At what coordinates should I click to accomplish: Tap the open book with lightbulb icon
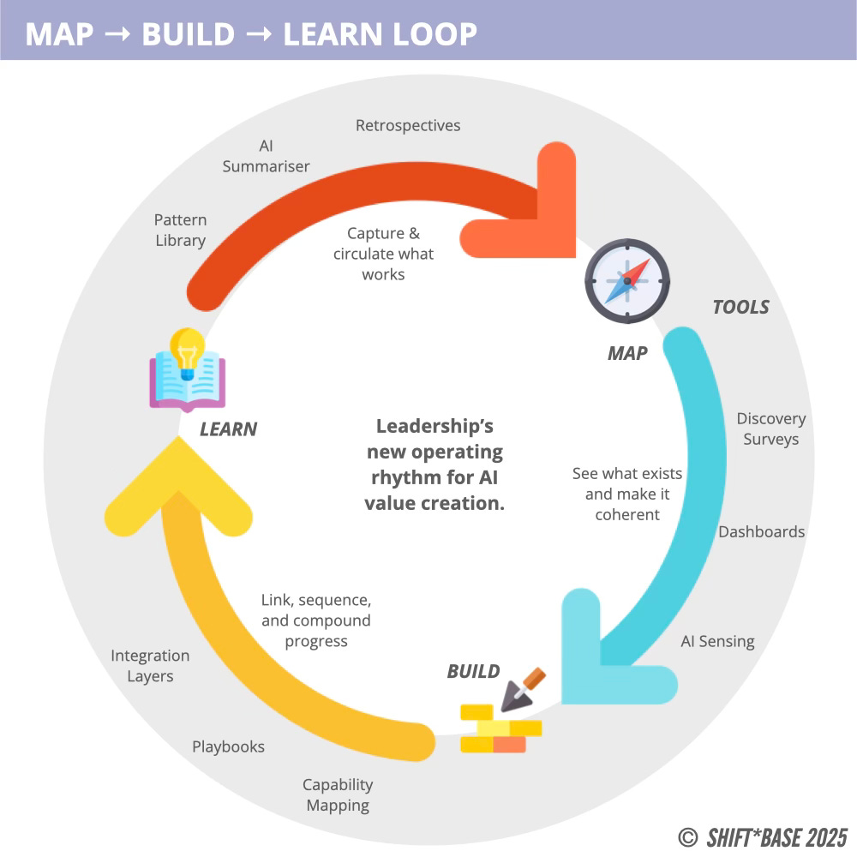[x=187, y=369]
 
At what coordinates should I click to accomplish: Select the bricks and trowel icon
[x=503, y=715]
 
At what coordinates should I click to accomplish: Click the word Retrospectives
[x=408, y=126]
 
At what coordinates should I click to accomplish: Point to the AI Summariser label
[x=266, y=156]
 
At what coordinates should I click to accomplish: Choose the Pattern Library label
[x=180, y=231]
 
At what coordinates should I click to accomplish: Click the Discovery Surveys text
[x=771, y=428]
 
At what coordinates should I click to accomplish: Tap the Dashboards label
[x=761, y=531]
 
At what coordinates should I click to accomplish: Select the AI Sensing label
[x=717, y=641]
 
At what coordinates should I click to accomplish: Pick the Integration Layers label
[x=150, y=666]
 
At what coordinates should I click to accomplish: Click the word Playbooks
[x=228, y=746]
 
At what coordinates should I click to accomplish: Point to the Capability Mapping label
[x=338, y=794]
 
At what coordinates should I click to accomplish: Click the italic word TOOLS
[x=740, y=307]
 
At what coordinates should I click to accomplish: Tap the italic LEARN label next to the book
[x=228, y=428]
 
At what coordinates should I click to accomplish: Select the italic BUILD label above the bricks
[x=473, y=671]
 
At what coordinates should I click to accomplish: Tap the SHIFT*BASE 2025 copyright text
[x=764, y=836]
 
